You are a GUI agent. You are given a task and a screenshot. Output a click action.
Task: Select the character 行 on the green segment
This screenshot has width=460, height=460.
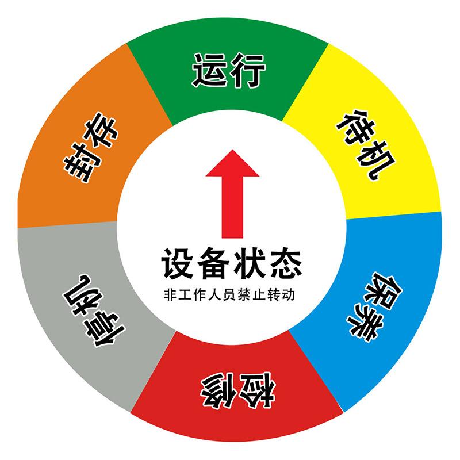click(248, 71)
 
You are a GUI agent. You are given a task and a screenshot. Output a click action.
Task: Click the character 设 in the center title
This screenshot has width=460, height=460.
click(177, 262)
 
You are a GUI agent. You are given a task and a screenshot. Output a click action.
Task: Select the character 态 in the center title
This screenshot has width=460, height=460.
click(284, 262)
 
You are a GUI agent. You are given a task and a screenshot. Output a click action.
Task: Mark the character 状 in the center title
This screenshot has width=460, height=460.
click(248, 262)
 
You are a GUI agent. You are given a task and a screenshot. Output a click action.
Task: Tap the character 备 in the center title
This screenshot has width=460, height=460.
click(213, 262)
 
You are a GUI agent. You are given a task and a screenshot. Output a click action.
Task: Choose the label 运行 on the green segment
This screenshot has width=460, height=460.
click(229, 71)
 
